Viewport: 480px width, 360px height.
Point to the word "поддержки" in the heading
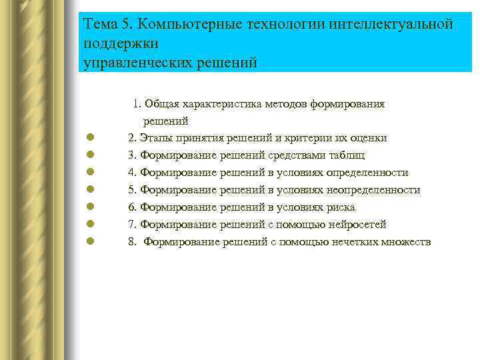point(121,43)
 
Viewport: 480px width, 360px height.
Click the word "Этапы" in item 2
point(155,138)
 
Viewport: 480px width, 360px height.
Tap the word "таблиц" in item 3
point(347,155)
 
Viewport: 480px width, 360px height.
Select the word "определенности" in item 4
point(369,173)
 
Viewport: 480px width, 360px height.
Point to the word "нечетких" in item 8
point(353,241)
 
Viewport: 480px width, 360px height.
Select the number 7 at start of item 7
point(132,225)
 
